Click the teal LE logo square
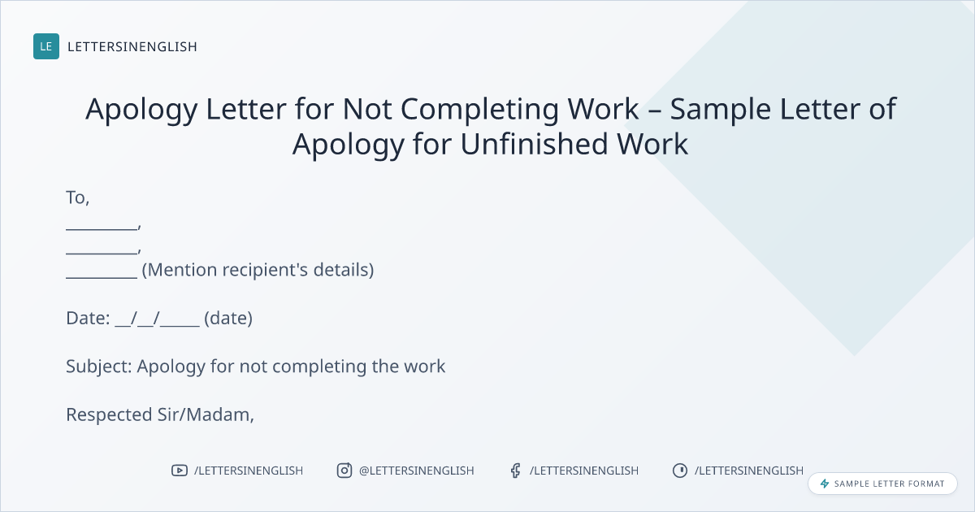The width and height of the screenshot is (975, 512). point(46,46)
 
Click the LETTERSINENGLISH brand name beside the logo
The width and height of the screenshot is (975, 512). point(132,46)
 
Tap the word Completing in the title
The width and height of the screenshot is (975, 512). point(479,109)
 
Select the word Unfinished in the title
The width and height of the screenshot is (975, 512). point(534,144)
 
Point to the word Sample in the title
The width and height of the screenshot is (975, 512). point(721,109)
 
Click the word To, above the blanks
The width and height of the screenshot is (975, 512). point(77,197)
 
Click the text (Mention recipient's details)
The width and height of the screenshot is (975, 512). point(258,270)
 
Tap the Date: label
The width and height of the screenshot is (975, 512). point(88,319)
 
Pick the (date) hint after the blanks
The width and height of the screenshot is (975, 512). point(228,319)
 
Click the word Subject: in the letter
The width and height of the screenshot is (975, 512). point(99,367)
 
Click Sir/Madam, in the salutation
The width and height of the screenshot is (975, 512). point(206,415)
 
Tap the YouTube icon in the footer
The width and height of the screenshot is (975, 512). point(180,471)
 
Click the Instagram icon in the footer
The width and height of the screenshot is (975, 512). point(344,471)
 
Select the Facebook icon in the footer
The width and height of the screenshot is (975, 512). point(516,471)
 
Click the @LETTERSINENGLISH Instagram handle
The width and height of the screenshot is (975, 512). point(417,471)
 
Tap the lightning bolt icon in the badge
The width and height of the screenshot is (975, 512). point(825,484)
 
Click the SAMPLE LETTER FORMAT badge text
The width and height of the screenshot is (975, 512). point(889,484)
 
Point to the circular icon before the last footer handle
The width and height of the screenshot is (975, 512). point(680,471)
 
